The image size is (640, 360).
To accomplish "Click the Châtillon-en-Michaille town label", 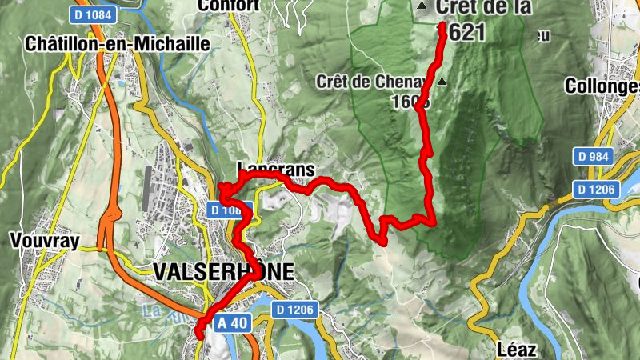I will (117, 42).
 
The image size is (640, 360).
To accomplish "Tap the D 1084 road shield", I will (94, 14).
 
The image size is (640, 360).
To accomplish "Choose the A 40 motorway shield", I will (234, 322).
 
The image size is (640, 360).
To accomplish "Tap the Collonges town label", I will (603, 86).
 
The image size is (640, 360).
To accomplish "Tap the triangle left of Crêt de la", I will (422, 7).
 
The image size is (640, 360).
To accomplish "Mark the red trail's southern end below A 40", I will (200, 335).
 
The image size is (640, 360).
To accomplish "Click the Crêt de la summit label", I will (471, 8).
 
